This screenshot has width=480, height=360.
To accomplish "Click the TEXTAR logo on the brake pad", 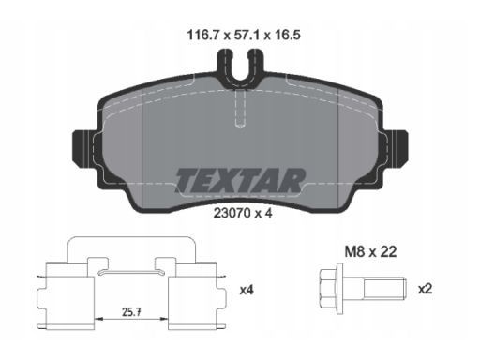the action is (240, 181).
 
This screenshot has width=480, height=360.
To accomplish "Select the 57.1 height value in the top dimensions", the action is (247, 35).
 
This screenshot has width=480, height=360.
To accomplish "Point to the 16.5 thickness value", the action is (288, 35).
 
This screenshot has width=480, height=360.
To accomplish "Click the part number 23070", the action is (232, 213).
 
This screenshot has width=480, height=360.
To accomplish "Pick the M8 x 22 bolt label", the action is (370, 251).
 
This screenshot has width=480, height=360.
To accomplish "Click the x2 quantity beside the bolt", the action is (426, 290).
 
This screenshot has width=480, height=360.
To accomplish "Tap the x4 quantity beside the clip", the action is (247, 291).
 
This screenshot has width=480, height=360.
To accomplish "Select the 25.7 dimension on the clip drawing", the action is (131, 312).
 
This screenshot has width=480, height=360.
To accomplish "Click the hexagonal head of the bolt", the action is (327, 289).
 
